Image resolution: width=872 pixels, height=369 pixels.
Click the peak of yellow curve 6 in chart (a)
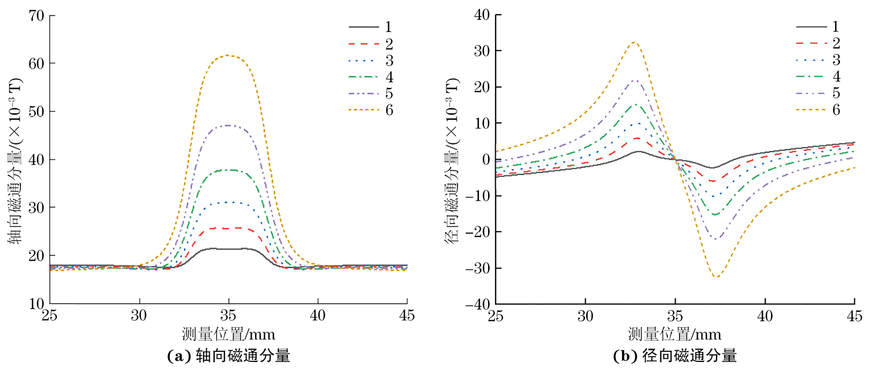[x=228, y=55]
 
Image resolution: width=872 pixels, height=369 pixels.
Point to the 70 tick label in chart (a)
[x=37, y=16]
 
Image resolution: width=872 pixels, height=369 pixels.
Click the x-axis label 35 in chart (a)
[x=228, y=316]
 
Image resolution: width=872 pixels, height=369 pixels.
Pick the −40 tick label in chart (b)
[x=477, y=304]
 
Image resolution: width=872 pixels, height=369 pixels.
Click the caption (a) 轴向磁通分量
[x=229, y=356]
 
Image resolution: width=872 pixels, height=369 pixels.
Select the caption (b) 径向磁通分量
[x=675, y=356]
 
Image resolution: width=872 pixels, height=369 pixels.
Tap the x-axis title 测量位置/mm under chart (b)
[x=674, y=334]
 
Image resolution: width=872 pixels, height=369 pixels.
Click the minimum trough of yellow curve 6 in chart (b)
[x=717, y=276]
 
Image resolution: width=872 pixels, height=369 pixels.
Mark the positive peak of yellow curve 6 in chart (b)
[x=634, y=42]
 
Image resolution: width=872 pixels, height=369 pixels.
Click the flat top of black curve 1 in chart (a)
[x=228, y=249]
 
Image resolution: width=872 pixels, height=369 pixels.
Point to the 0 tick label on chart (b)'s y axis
[x=486, y=160]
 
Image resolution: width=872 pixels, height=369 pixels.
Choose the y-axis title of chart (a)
[x=15, y=160]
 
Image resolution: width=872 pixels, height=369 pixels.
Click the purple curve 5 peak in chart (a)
[x=228, y=125]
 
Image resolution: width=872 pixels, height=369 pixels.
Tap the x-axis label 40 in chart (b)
[x=765, y=316]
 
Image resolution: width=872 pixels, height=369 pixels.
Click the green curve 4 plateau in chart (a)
[x=228, y=170]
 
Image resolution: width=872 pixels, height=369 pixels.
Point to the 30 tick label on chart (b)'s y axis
[x=481, y=51]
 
